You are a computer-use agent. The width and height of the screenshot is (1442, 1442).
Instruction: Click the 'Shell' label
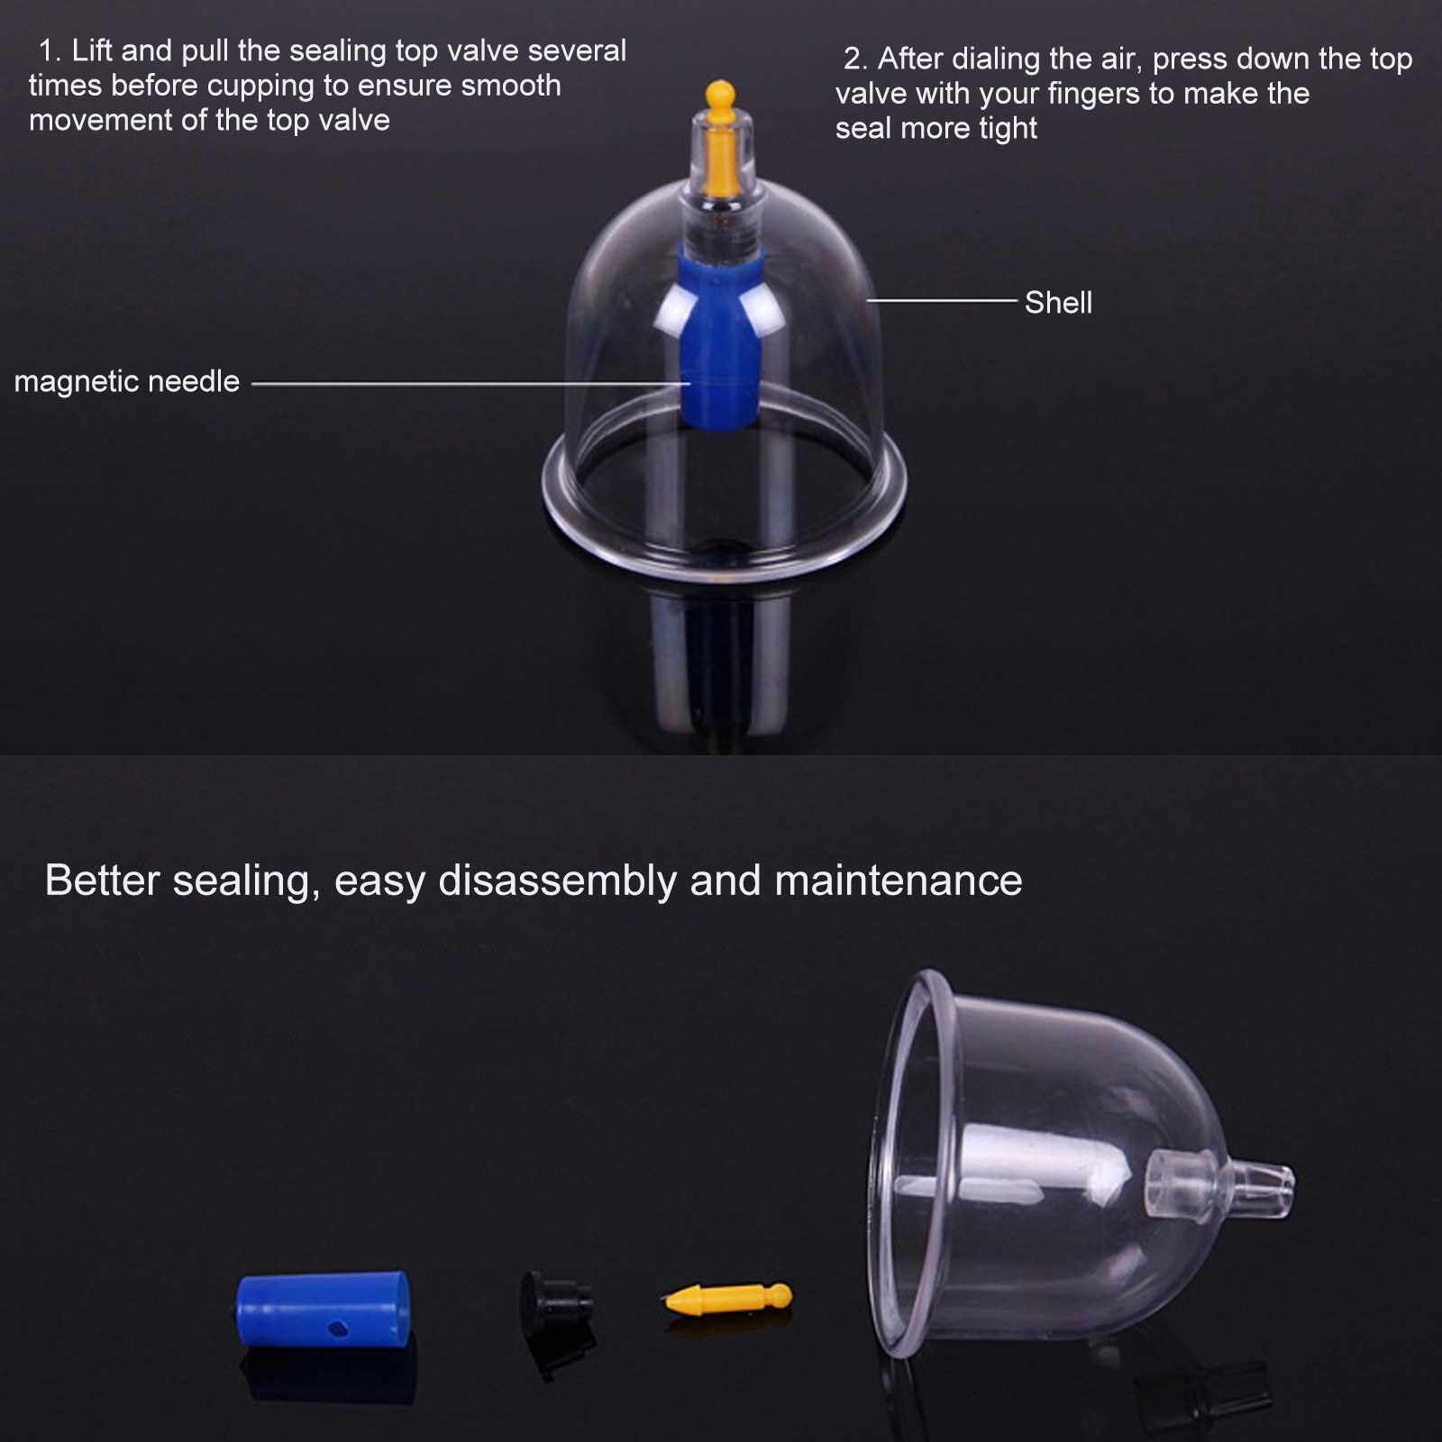click(x=1058, y=303)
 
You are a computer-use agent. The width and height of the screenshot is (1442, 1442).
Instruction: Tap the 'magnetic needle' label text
click(x=127, y=382)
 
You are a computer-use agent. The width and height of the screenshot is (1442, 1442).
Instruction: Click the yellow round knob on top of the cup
click(x=719, y=93)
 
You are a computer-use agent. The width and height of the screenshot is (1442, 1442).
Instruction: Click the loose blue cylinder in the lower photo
click(x=323, y=1309)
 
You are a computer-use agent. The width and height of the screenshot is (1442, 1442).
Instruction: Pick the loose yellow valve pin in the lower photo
click(x=728, y=1299)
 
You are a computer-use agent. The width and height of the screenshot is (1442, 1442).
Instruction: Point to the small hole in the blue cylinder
click(x=339, y=1327)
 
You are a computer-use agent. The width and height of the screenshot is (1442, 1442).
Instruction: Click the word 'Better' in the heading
click(x=102, y=881)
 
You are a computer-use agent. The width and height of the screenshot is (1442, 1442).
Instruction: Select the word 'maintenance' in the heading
click(x=899, y=881)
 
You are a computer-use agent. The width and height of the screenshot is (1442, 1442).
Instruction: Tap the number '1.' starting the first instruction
click(x=50, y=50)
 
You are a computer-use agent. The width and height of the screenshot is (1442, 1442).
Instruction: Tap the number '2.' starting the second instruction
click(x=855, y=59)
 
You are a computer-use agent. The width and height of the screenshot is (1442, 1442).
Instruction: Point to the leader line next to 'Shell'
click(x=942, y=300)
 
